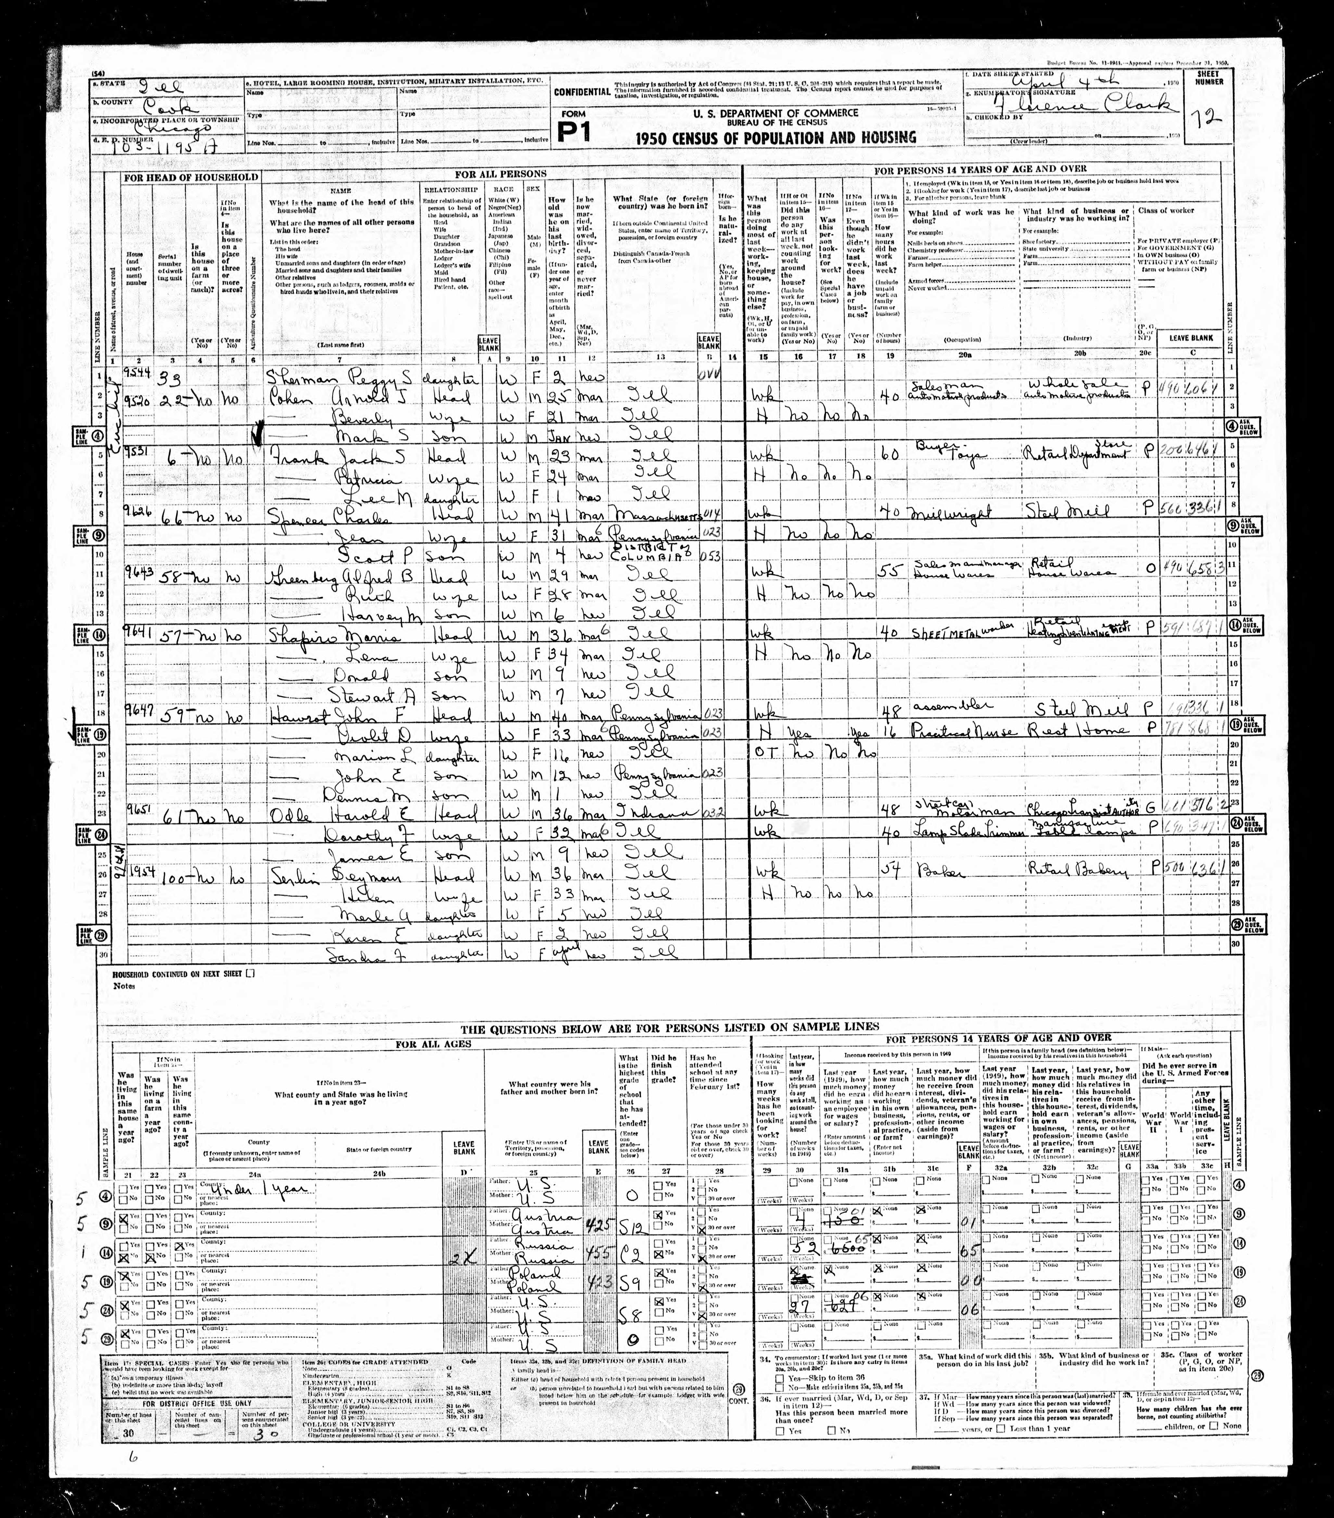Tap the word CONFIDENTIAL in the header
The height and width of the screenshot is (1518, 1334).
click(x=582, y=92)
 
